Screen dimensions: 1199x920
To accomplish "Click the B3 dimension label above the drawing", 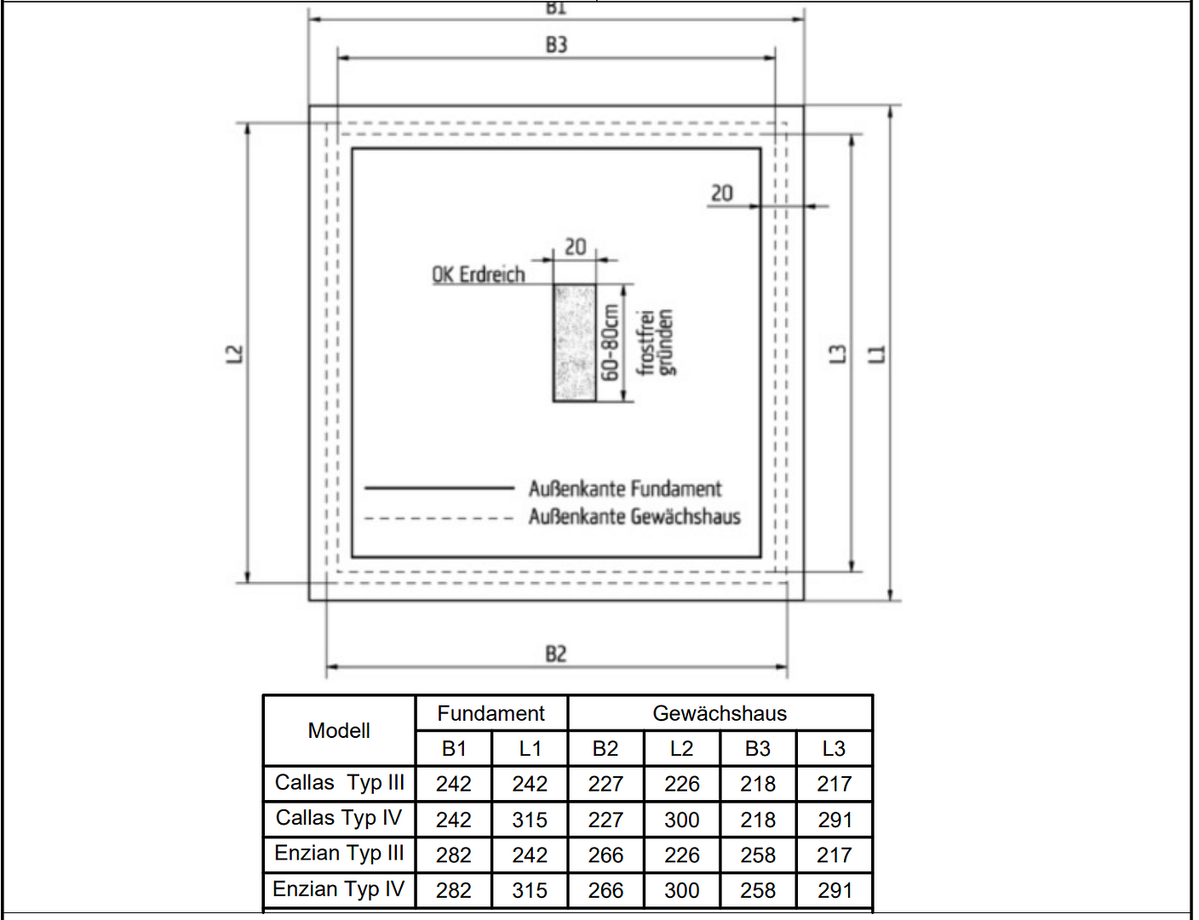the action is coord(556,44).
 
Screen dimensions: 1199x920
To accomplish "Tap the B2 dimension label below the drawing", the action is coord(555,654).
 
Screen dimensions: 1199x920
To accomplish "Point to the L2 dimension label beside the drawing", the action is coord(235,353).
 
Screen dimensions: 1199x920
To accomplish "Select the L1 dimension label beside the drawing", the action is coord(877,354).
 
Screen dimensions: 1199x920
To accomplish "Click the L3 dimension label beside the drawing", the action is coord(838,354).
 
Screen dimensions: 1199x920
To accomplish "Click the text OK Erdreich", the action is coord(478,275).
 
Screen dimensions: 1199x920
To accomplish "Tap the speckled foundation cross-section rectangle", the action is coord(575,343).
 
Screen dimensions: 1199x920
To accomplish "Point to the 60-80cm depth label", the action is coord(609,343).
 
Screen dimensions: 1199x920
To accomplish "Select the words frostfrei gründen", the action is coord(656,342).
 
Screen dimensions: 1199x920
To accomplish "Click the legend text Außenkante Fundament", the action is coord(624,489).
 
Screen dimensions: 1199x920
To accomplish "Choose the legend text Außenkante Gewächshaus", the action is coord(634,517).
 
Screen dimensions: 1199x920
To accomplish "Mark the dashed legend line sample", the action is coord(439,518).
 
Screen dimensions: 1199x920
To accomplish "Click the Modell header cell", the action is coord(339,730).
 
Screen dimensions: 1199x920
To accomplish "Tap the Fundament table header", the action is coord(491,713).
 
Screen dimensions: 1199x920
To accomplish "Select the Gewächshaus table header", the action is coord(720,713).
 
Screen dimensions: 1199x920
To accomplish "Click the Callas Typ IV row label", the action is coord(339,818).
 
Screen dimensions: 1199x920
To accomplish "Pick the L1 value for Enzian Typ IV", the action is coord(530,890).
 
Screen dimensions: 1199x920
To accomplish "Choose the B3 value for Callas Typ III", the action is coord(758,784).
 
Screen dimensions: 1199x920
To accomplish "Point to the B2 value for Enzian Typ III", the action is coord(605,855).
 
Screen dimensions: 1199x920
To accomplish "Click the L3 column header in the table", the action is coord(834,749).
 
